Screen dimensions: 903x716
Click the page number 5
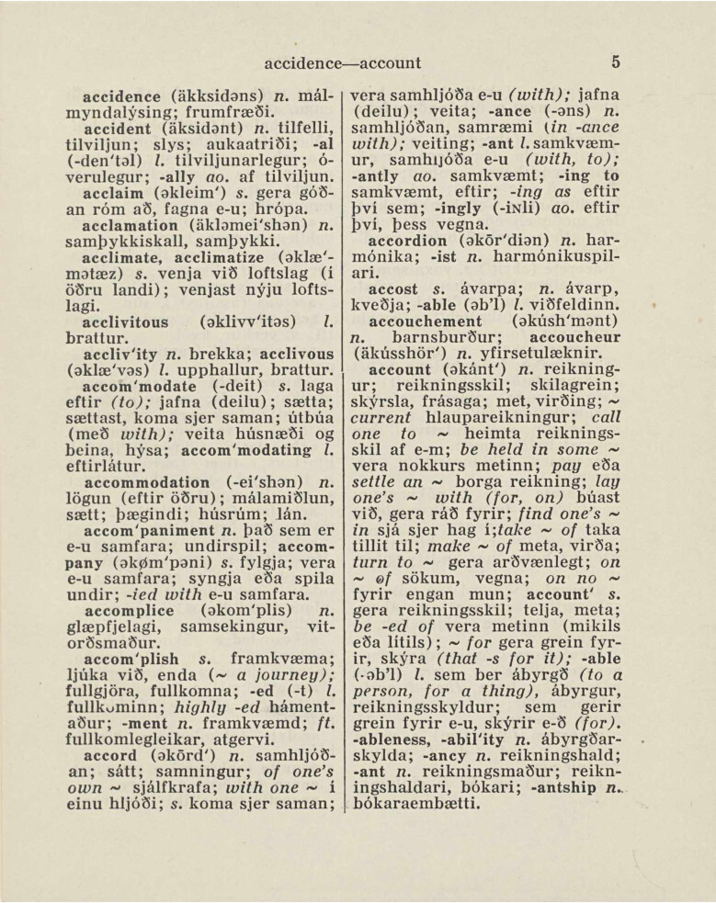(615, 62)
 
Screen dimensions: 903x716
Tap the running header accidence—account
(342, 63)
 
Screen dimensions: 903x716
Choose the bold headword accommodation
(146, 482)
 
